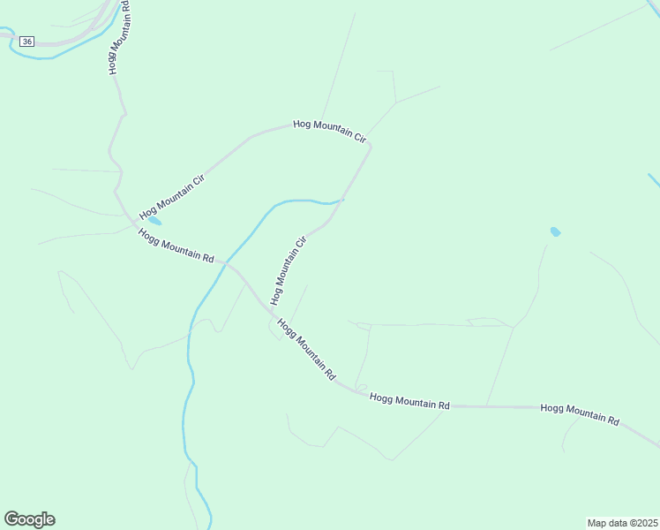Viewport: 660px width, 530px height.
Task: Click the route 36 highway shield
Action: click(28, 42)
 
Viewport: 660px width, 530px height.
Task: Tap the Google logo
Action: click(29, 519)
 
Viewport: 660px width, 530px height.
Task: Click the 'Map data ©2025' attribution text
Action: click(622, 523)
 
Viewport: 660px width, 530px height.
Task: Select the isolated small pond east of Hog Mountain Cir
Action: click(555, 232)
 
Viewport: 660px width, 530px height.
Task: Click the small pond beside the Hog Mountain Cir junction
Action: click(154, 219)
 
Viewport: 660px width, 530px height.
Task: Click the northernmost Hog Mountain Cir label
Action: click(329, 131)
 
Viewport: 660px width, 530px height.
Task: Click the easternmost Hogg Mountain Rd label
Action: click(580, 413)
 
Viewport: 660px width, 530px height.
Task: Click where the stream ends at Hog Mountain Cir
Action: click(341, 200)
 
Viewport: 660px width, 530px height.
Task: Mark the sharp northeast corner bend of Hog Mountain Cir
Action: click(371, 146)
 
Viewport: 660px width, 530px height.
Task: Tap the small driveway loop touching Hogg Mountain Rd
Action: click(361, 387)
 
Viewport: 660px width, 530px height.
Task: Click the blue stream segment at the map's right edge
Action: click(654, 180)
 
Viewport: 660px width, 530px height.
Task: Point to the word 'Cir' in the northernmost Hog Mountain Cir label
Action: click(358, 137)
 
